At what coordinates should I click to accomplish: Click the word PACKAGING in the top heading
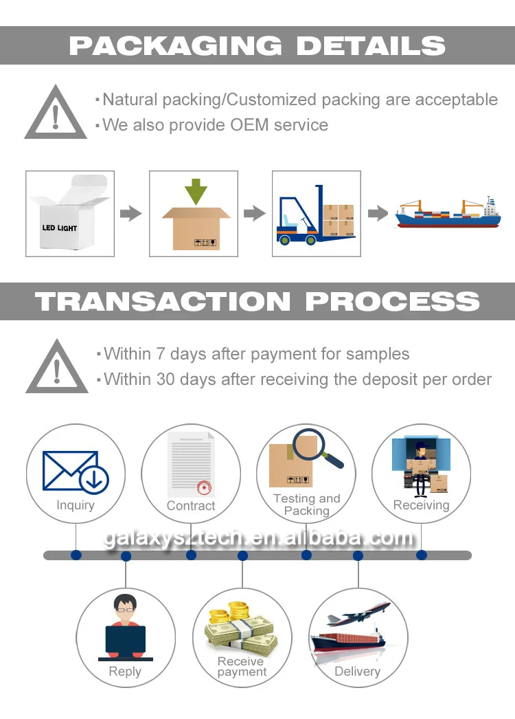pyautogui.click(x=175, y=46)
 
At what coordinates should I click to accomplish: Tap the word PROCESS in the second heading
pyautogui.click(x=392, y=302)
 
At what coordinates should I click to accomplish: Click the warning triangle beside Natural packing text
pyautogui.click(x=56, y=113)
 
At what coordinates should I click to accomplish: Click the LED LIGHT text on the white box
pyautogui.click(x=60, y=228)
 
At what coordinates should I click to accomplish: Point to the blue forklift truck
pyautogui.click(x=297, y=220)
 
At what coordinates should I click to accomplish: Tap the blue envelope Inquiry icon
pyautogui.click(x=74, y=472)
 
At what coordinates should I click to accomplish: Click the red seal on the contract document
pyautogui.click(x=204, y=487)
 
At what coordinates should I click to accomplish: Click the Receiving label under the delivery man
pyautogui.click(x=421, y=505)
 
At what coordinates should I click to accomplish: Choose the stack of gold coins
pyautogui.click(x=236, y=613)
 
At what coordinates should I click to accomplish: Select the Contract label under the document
pyautogui.click(x=191, y=506)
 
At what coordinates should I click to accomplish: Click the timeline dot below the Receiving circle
pyautogui.click(x=421, y=555)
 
